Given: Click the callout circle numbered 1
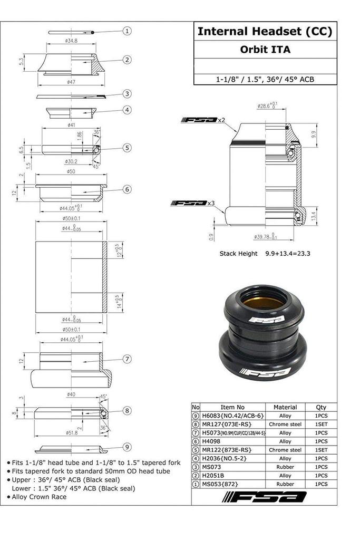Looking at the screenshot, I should pyautogui.click(x=127, y=31).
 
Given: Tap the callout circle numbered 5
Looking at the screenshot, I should pyautogui.click(x=127, y=148).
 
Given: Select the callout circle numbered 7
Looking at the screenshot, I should pyautogui.click(x=127, y=359).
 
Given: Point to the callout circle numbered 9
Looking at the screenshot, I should pyautogui.click(x=127, y=448).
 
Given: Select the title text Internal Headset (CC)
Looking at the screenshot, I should pyautogui.click(x=265, y=32).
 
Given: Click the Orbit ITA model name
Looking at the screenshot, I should pyautogui.click(x=265, y=51).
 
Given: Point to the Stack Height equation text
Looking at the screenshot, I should pyautogui.click(x=265, y=254).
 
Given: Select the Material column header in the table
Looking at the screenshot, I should pyautogui.click(x=285, y=407).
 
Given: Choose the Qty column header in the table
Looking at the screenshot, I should pyautogui.click(x=320, y=407).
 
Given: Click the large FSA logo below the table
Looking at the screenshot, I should pyautogui.click(x=265, y=497).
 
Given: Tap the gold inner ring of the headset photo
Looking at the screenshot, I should pyautogui.click(x=262, y=303).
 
